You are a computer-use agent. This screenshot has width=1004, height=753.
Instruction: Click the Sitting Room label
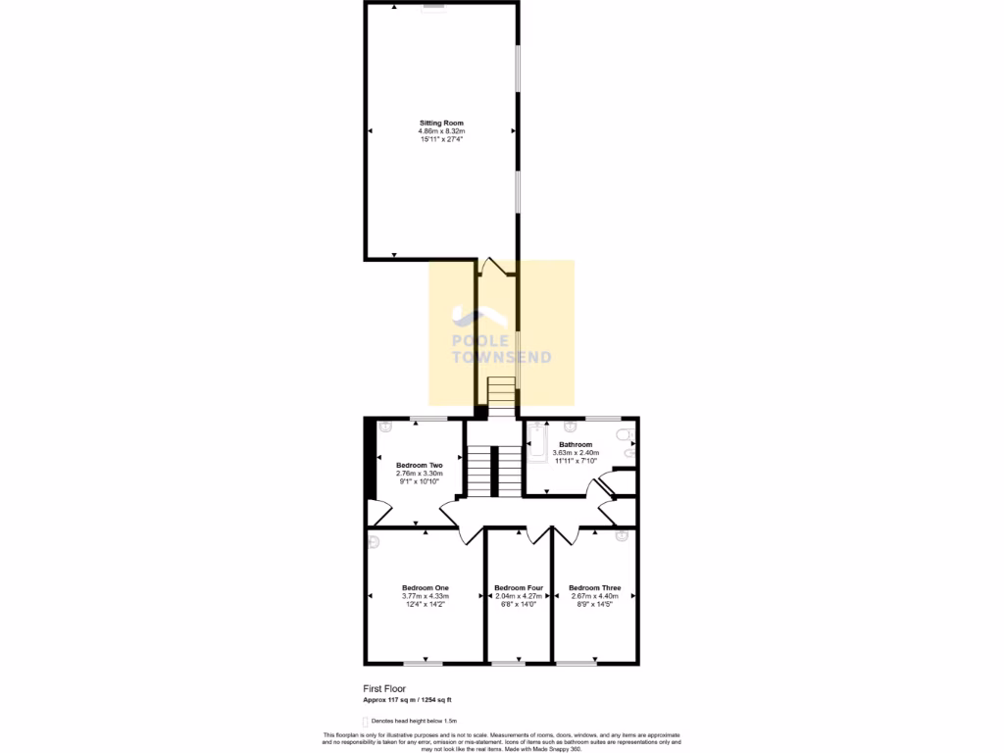click(441, 123)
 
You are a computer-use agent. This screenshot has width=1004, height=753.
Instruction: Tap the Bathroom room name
click(576, 444)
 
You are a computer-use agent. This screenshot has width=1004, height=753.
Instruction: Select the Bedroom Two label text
click(419, 465)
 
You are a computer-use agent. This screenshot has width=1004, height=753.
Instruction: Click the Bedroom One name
click(425, 587)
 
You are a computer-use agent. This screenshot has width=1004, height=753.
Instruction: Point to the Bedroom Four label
click(519, 587)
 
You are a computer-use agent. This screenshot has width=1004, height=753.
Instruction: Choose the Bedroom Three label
click(594, 587)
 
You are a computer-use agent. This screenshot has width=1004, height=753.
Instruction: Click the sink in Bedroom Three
click(621, 535)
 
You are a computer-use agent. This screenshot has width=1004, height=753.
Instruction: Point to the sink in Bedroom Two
click(384, 426)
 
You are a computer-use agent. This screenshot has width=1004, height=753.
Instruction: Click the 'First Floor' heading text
click(384, 688)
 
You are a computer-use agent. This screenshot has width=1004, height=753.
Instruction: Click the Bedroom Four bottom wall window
click(508, 663)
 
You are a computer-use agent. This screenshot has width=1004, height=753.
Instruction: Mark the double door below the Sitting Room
click(497, 268)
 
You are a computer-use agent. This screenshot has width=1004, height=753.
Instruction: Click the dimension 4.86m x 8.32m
click(441, 131)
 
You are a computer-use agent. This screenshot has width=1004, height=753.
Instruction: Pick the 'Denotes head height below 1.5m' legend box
click(365, 721)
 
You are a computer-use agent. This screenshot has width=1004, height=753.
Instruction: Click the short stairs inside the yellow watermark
click(501, 392)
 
